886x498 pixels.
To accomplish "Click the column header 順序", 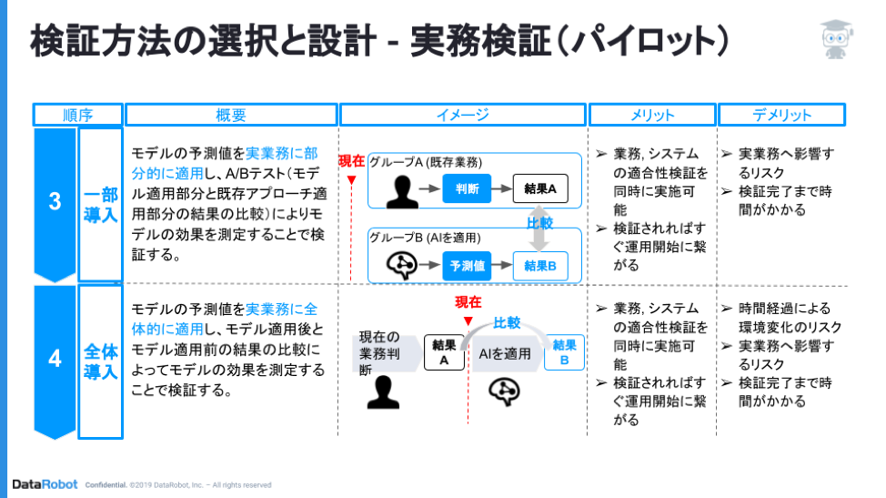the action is coord(78,115).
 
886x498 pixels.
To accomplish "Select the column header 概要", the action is coord(231,115).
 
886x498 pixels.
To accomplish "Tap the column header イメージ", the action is coord(463,115).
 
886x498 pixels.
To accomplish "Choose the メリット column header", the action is coord(652,115).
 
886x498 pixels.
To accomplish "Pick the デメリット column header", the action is coord(781,115).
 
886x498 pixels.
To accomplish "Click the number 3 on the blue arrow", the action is coord(55,201).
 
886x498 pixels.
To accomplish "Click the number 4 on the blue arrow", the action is coord(55,359).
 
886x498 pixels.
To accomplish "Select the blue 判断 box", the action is coord(467,188).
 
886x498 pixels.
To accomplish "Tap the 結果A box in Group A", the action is coord(540,188).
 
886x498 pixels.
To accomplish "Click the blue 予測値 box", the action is coord(467,266).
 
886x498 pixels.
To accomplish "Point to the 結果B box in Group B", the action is coord(540,266).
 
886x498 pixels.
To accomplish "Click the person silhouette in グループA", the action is coord(402,191).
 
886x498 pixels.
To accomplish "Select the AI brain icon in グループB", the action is coord(402,266).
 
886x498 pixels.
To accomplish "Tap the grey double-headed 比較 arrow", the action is coord(539,229).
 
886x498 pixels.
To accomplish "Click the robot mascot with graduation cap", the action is coord(836,39).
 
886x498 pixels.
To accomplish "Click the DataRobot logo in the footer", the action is coord(45,484).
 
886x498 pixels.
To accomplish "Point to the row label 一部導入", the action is coord(101,205).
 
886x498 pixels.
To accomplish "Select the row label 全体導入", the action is coord(101,361).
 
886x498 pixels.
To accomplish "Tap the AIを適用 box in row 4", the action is coord(505,354).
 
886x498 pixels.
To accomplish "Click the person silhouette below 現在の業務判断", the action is coord(383,391).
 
